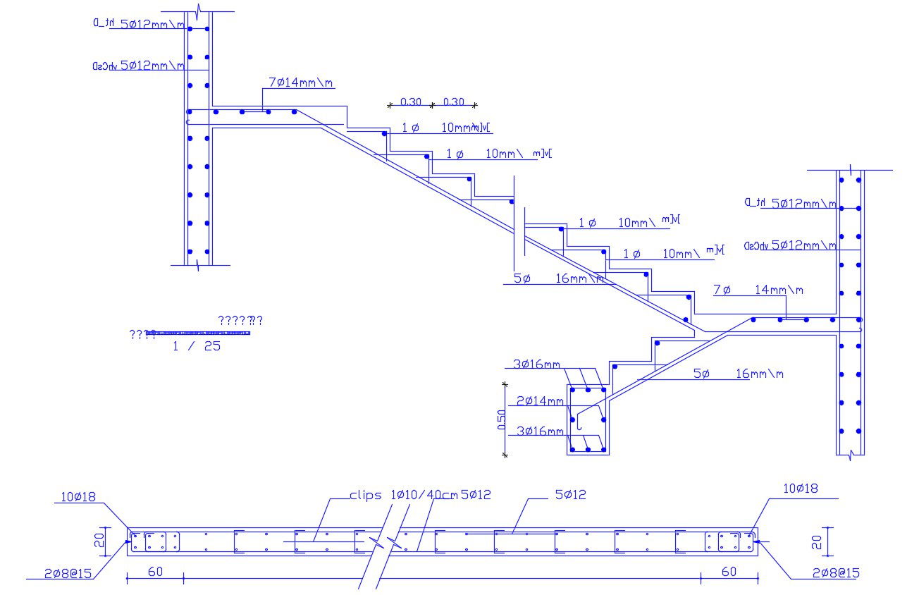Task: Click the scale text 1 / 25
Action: pos(197,346)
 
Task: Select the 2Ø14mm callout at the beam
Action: pos(541,401)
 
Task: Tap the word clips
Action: pos(365,495)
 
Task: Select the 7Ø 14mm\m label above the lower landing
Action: pos(758,290)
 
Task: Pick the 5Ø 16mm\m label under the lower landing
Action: pos(738,374)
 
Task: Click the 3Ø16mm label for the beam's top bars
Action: pos(537,364)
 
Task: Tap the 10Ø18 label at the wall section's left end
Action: pos(78,497)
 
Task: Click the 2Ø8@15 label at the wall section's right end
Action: pos(834,572)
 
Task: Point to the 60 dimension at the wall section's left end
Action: pos(155,572)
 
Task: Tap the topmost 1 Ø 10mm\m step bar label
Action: pos(444,128)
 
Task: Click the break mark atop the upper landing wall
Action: pos(200,9)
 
